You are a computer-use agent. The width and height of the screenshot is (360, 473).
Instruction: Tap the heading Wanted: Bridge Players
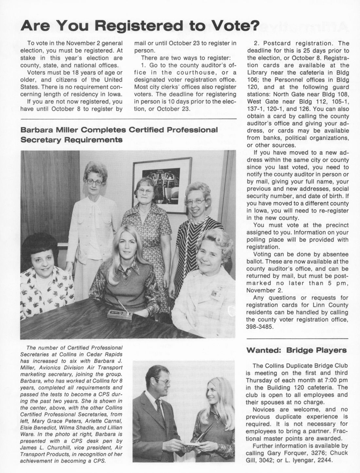coord(297,350)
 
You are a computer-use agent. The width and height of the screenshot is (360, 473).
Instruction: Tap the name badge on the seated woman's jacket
coord(215,293)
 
